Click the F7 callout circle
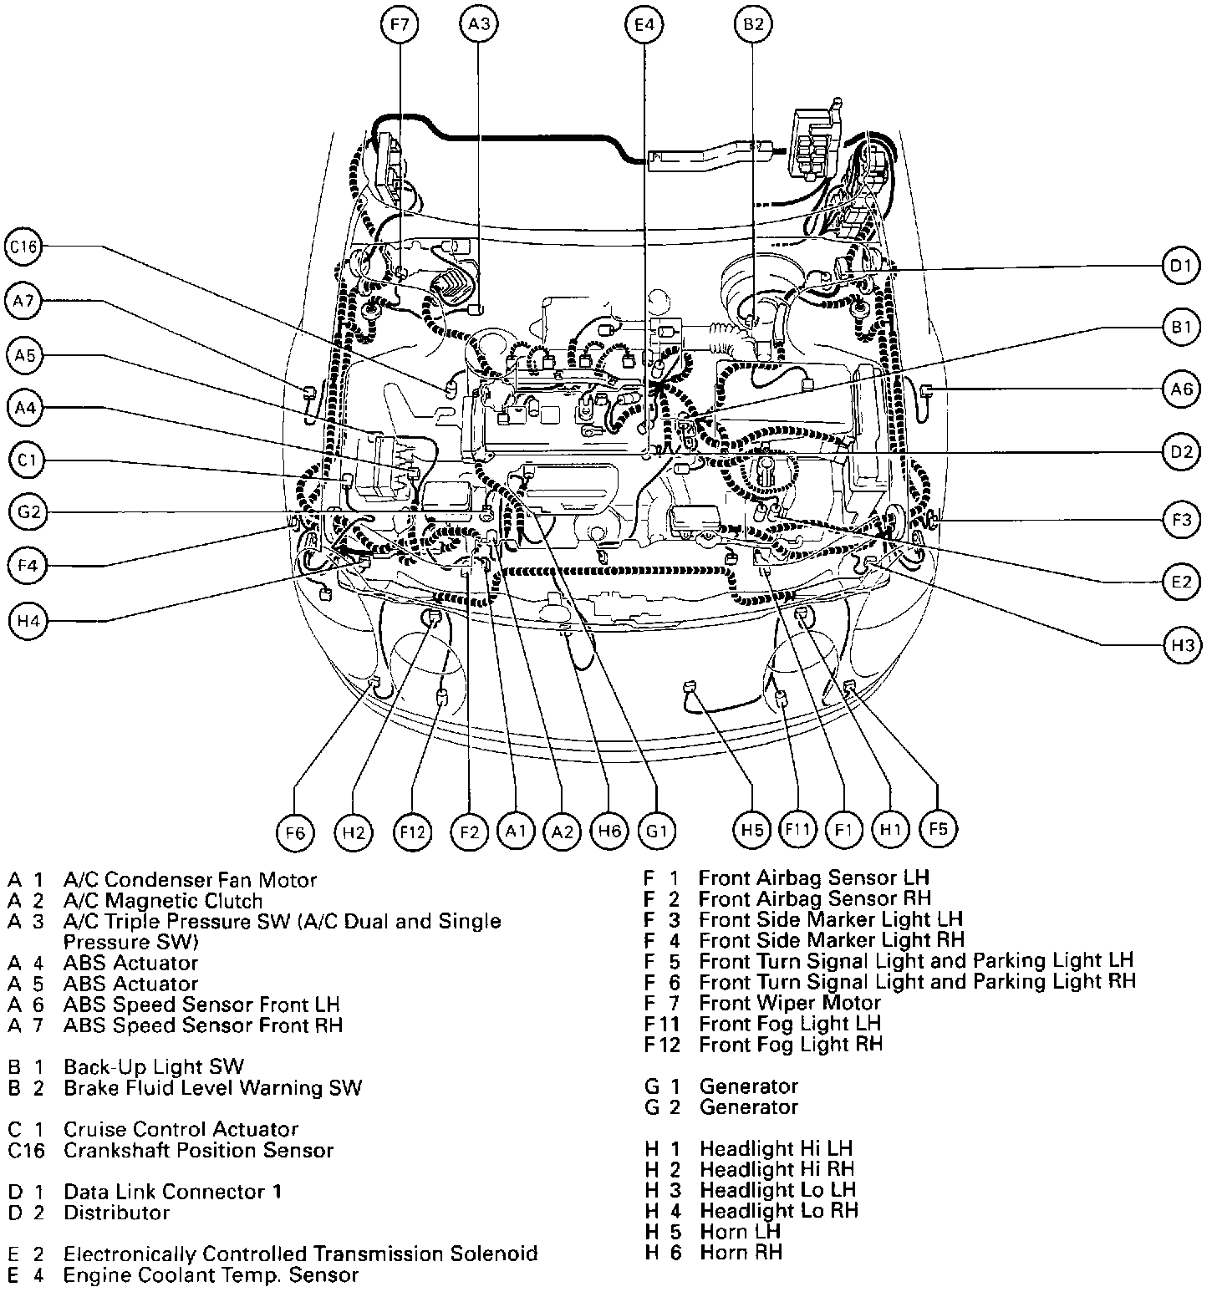tap(400, 25)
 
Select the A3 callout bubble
tap(478, 25)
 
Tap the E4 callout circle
tap(643, 25)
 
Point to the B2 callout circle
tap(753, 25)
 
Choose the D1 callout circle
tap(1180, 267)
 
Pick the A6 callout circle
tap(1180, 389)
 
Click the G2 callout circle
tap(28, 511)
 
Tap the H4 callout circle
tap(28, 620)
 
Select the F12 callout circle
tap(413, 832)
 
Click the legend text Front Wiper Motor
tap(789, 1003)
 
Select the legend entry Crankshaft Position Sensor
tap(198, 1150)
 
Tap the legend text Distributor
tap(116, 1212)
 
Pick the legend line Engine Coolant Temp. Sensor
tap(211, 1274)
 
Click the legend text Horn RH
tap(741, 1252)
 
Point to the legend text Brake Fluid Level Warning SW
tap(212, 1087)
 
